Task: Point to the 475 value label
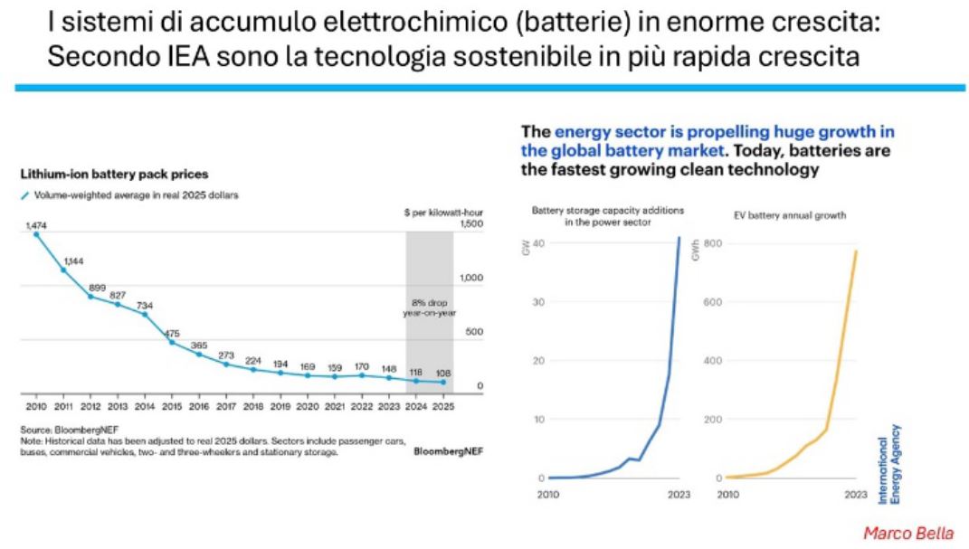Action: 172,332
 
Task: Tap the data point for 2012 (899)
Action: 90,297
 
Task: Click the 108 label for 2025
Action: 443,372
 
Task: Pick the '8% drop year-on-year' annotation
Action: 430,308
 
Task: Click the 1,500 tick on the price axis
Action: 472,223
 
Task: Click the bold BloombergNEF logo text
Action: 448,450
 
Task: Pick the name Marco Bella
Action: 907,532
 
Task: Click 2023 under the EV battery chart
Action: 855,495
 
